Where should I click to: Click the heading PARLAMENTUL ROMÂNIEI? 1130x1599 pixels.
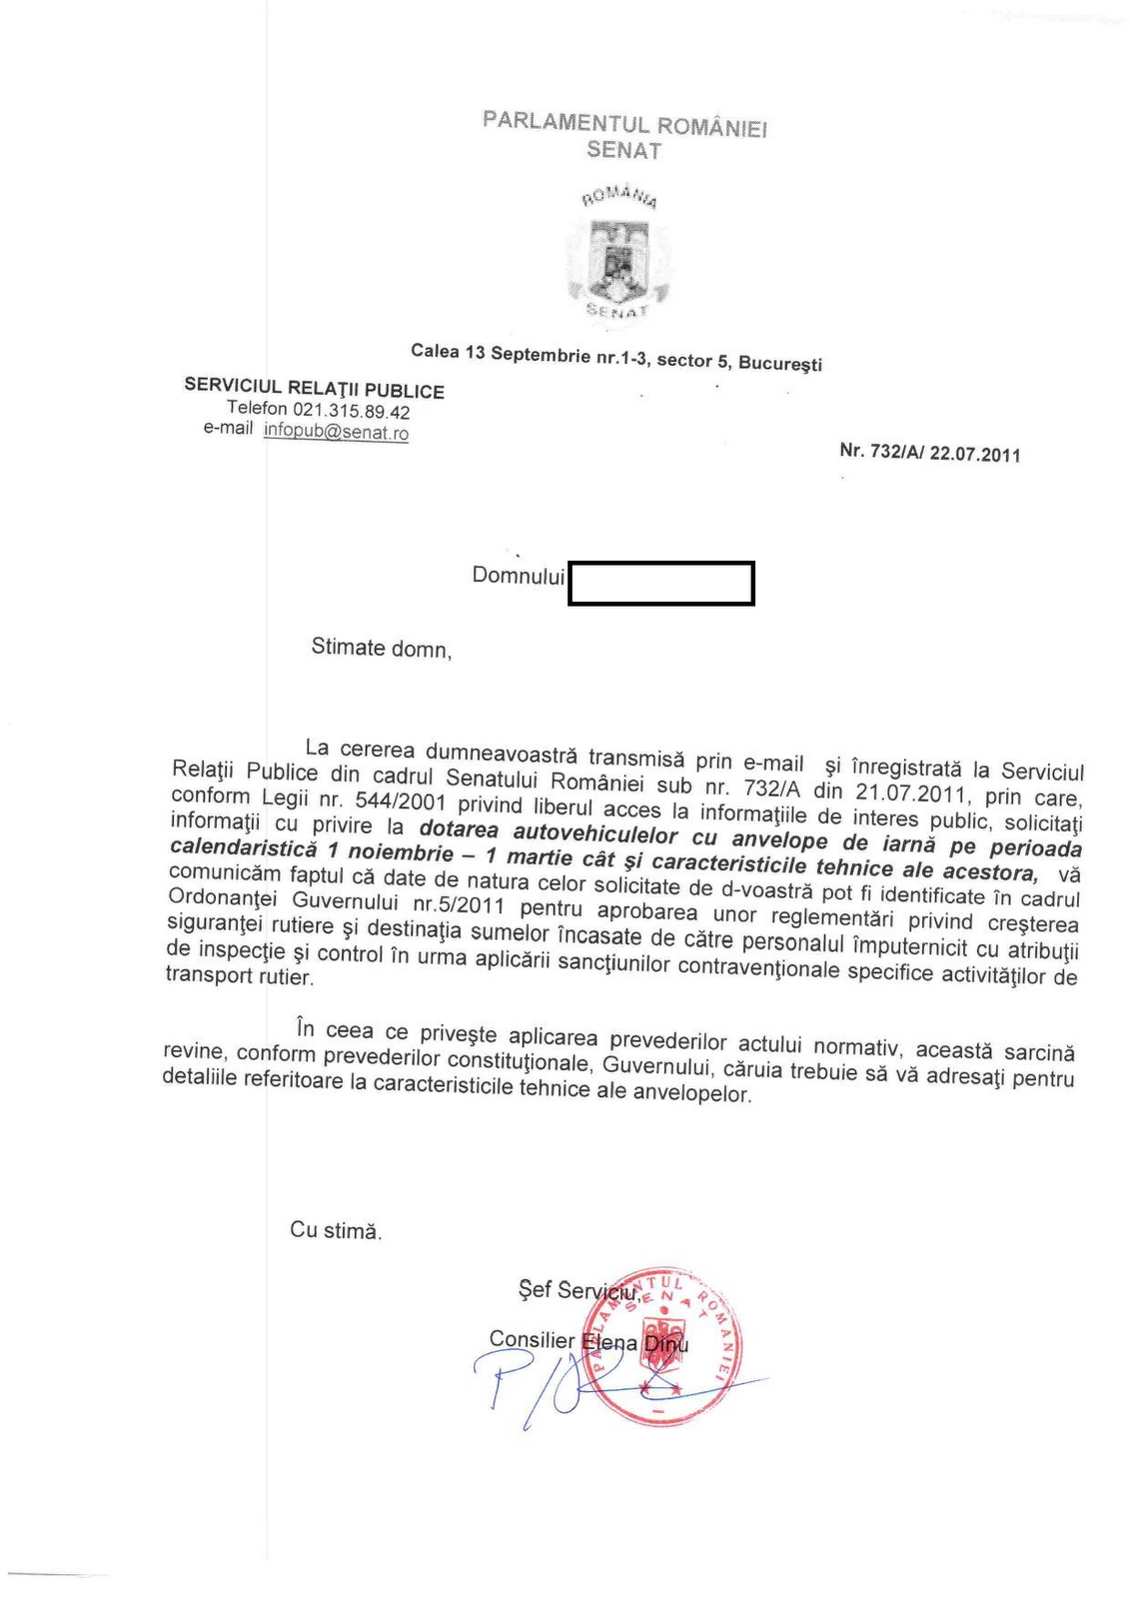click(x=624, y=124)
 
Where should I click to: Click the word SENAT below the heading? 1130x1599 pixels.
click(x=623, y=151)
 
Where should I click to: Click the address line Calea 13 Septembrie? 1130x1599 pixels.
click(x=615, y=357)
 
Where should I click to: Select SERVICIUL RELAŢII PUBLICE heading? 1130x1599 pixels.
click(x=314, y=389)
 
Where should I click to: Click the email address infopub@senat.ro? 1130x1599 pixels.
click(x=336, y=432)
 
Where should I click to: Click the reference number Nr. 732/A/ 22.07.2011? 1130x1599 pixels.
click(x=929, y=453)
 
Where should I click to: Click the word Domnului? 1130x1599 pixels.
click(x=518, y=576)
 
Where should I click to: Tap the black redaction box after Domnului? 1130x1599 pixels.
click(x=660, y=584)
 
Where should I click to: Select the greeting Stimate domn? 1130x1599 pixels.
click(x=381, y=648)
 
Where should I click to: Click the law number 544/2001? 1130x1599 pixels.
click(x=400, y=802)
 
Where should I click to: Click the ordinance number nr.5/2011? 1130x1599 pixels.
click(x=459, y=906)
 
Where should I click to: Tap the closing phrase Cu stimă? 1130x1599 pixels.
click(x=336, y=1230)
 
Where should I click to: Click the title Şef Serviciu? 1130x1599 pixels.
click(x=576, y=1290)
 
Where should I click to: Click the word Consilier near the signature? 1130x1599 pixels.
click(x=532, y=1339)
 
